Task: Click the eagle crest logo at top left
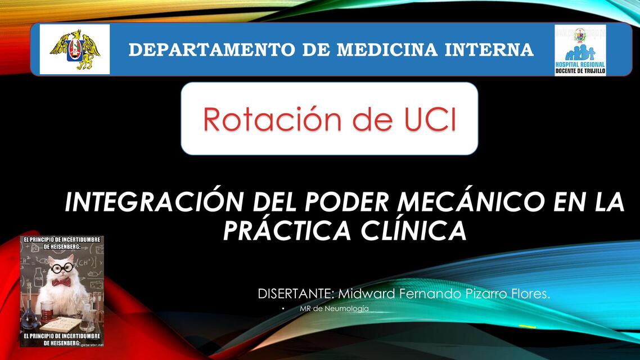pyautogui.click(x=75, y=49)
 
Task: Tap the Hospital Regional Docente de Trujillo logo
pyautogui.click(x=580, y=50)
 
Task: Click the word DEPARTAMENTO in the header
pyautogui.click(x=211, y=50)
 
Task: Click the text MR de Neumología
pyautogui.click(x=334, y=309)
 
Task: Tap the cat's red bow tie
pyautogui.click(x=61, y=282)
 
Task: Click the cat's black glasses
pyautogui.click(x=61, y=268)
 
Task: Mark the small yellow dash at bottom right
pyautogui.click(x=527, y=326)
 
